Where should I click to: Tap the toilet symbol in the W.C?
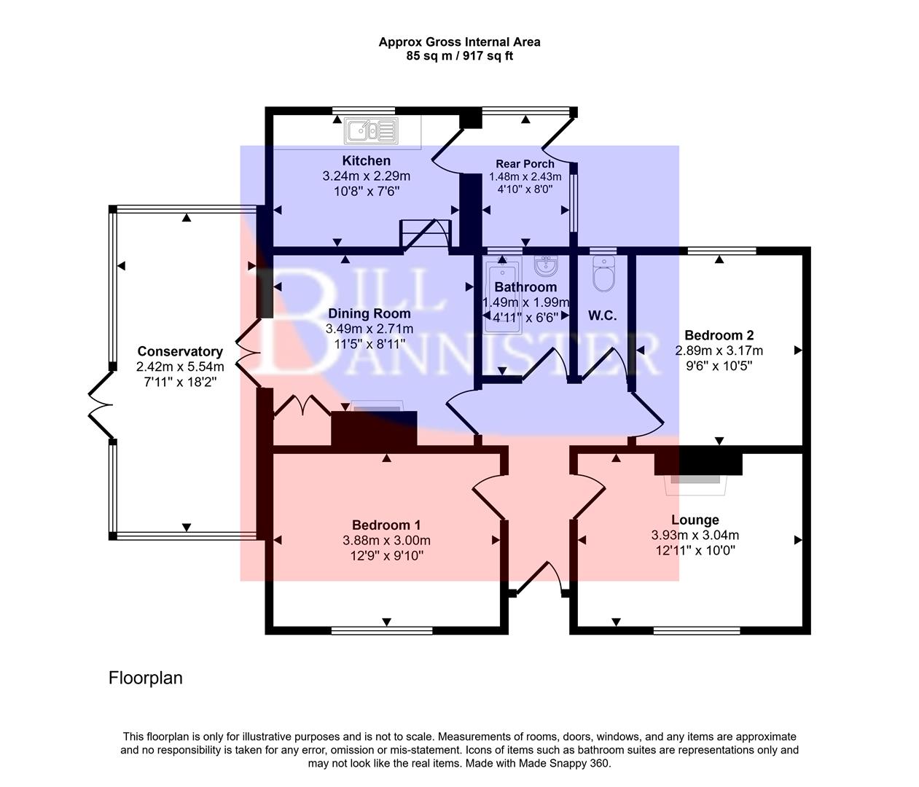pos(604,275)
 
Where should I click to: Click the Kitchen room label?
pos(366,160)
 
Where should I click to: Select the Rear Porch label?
pos(525,164)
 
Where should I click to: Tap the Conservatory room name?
pos(180,351)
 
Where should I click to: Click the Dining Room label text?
pos(369,313)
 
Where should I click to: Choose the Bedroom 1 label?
pos(386,525)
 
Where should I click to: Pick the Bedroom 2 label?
pos(719,335)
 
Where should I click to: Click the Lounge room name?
pos(695,520)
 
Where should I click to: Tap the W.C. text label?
pos(602,316)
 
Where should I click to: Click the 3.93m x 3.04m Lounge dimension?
pos(695,536)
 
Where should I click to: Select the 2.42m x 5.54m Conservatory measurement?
pos(180,367)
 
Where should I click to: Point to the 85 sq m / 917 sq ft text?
pos(459,55)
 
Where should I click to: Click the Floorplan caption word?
pos(145,678)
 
